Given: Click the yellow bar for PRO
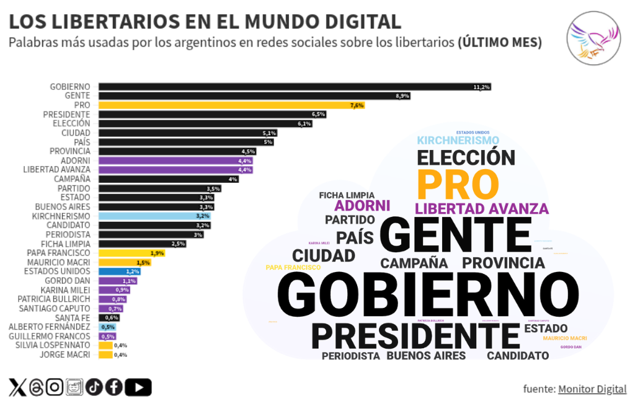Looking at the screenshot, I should point(229,105).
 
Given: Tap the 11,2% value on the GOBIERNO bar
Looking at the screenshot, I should point(482,87).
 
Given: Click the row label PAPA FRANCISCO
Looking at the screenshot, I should point(59,253).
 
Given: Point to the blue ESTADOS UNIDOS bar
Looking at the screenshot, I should point(119,271).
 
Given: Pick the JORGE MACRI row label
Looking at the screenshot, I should point(65,354).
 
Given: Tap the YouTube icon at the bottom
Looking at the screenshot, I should point(138,387).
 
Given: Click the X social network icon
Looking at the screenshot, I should point(18,387).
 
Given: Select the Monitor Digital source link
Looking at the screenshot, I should point(592,389).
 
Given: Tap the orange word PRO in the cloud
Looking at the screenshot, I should point(458,184).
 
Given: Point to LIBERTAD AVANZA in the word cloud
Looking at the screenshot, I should point(482,209).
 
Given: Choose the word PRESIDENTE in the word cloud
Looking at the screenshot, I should point(415,335).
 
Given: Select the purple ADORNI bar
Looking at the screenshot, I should point(175,161).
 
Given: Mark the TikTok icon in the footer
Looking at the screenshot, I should point(94,387).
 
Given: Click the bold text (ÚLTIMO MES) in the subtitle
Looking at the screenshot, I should point(500,43).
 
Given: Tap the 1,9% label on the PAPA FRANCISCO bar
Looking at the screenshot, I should point(157,253).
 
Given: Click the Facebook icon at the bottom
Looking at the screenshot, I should point(114,387).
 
